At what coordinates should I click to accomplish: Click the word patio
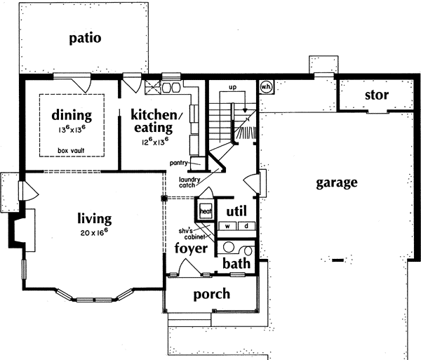click(85, 38)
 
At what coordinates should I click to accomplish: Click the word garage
click(336, 183)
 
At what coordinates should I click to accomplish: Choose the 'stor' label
click(377, 95)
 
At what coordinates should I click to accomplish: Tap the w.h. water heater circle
click(266, 86)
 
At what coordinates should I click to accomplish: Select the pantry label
click(178, 162)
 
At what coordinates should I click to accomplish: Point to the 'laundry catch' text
click(187, 182)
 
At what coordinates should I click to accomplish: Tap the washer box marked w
click(228, 226)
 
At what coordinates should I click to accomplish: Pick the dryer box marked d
click(246, 226)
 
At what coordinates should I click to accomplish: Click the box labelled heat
click(206, 211)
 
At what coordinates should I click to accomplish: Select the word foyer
click(191, 248)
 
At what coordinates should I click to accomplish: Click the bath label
click(236, 264)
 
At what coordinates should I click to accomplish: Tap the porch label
click(211, 293)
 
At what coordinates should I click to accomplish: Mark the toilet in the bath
click(228, 248)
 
